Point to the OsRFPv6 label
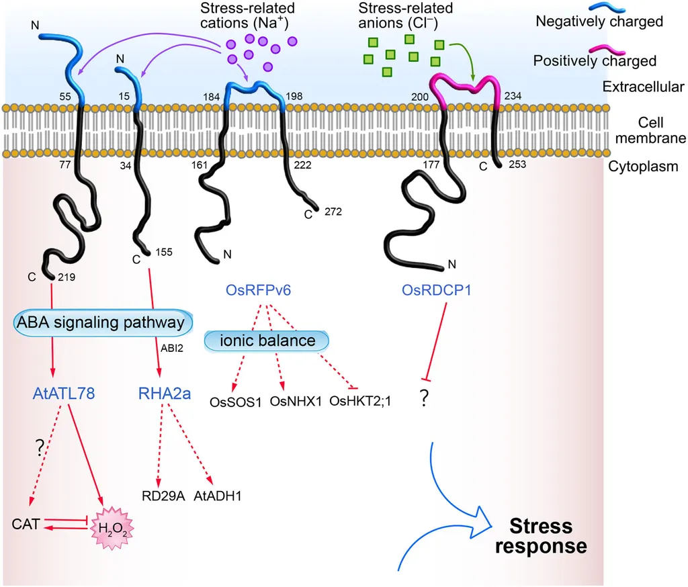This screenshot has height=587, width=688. (262, 291)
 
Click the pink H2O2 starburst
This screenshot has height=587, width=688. (112, 527)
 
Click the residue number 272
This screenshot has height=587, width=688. (333, 212)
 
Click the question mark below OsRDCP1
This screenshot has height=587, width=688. (424, 400)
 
